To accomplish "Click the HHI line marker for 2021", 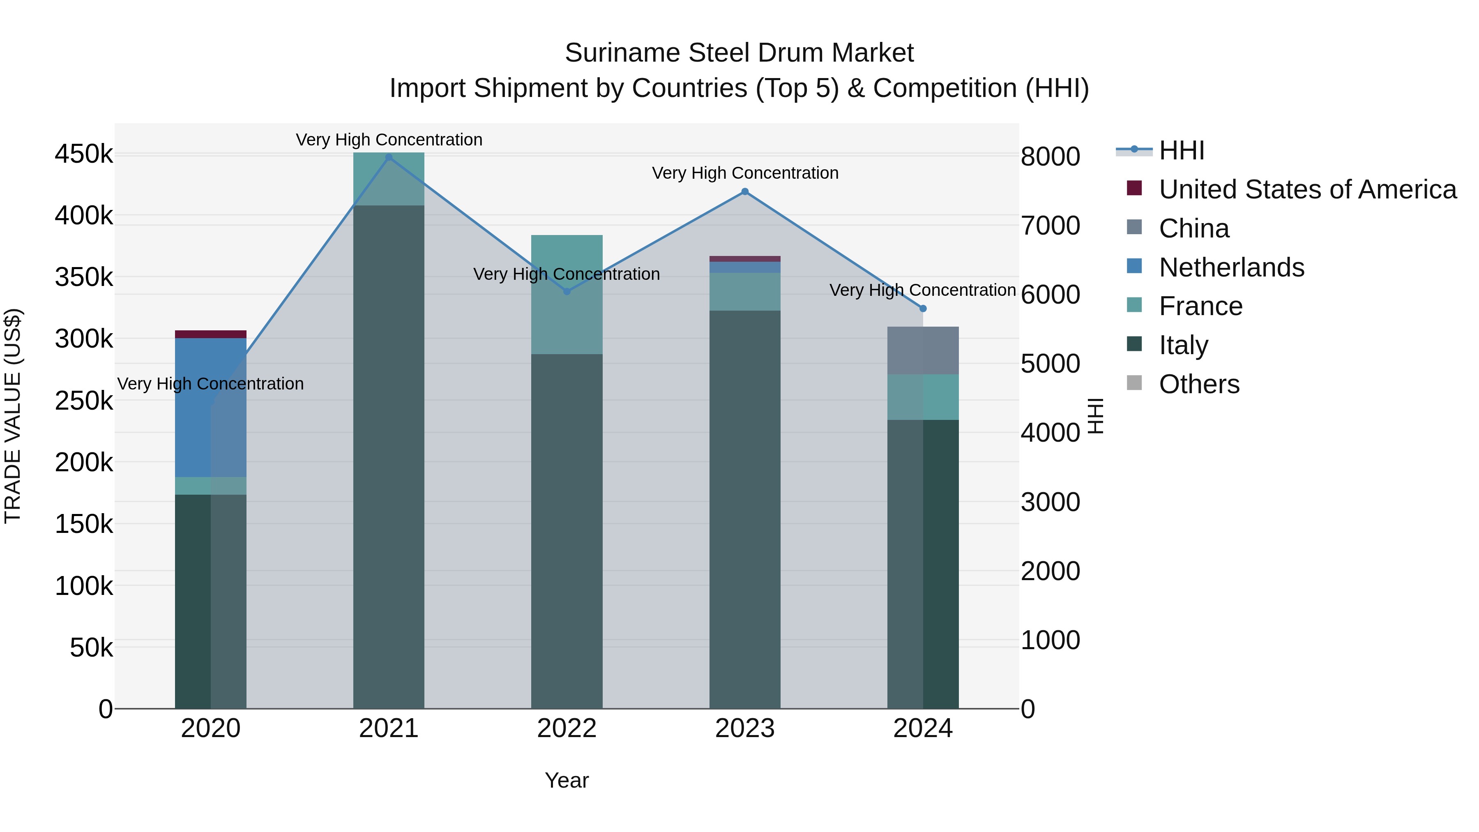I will click(389, 157).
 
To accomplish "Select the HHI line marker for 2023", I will click(745, 192).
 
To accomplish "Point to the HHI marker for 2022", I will click(567, 292).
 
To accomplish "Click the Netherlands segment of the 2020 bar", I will click(210, 408).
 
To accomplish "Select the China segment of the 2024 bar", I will click(923, 351).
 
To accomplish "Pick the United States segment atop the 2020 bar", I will click(210, 334).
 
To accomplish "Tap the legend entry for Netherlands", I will click(1231, 267).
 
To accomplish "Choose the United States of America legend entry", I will click(1307, 189).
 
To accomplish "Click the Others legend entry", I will click(1199, 384).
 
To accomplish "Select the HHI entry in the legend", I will click(1181, 150).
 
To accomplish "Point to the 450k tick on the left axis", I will click(84, 154).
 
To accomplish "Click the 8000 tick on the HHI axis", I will click(1050, 157).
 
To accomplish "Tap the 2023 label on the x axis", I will click(745, 728).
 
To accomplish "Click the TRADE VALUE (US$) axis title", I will click(13, 416).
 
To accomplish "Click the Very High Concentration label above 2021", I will click(389, 140).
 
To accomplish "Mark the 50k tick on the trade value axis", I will click(91, 648).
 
